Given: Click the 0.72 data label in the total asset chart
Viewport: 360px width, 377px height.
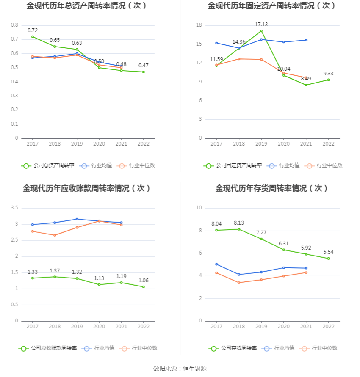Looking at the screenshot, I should tap(33, 30).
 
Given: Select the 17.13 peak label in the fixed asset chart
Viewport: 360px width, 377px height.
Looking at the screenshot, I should tap(261, 25).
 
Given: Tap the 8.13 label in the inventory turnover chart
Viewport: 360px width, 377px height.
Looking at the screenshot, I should tap(239, 223).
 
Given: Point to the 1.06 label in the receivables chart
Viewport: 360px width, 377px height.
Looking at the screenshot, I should tap(144, 281).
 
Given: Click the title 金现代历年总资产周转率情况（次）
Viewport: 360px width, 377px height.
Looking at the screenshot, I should tap(87, 6).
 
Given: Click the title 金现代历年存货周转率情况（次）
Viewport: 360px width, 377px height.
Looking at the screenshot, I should tap(271, 188).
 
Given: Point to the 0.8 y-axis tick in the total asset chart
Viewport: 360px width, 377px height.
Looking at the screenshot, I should tap(14, 25).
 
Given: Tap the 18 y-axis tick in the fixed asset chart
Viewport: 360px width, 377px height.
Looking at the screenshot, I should tap(199, 25).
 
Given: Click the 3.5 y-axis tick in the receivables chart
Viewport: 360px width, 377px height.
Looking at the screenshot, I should tap(14, 208).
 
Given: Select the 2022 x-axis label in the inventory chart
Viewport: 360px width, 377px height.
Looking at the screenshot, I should tap(328, 327).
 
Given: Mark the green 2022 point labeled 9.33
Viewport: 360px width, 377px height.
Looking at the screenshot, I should tap(328, 80).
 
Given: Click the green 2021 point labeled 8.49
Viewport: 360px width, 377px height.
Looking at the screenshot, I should tap(306, 85).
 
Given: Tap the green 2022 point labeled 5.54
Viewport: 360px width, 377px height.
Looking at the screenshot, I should tap(328, 258).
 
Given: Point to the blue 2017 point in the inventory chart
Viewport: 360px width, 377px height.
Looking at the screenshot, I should tap(216, 264).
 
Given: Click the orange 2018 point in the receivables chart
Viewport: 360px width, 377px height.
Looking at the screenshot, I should tap(55, 235).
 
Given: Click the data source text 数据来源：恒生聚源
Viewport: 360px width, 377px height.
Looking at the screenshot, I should tap(180, 369).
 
